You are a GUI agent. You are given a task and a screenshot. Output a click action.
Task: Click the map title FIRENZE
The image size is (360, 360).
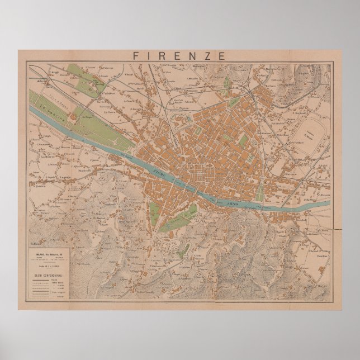click(x=179, y=55)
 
